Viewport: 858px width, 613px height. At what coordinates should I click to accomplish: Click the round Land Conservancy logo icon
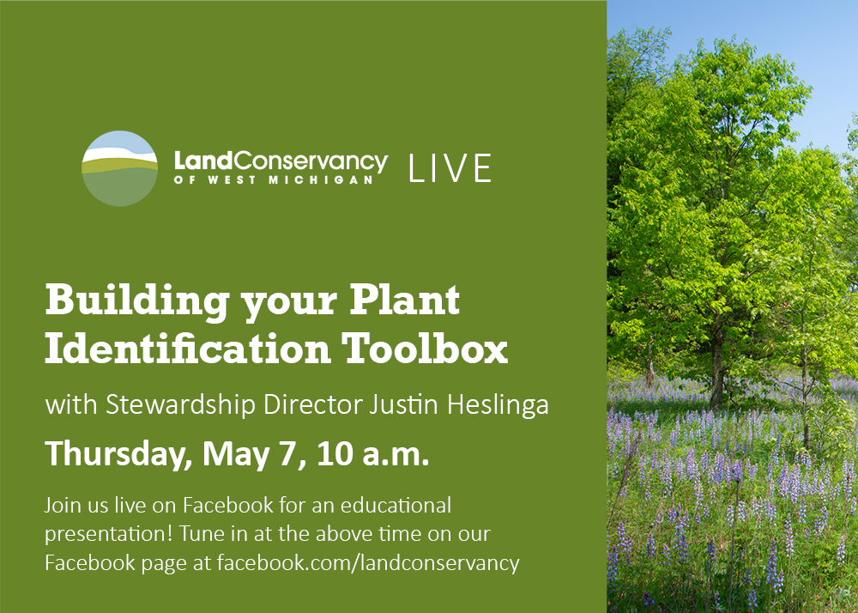click(120, 168)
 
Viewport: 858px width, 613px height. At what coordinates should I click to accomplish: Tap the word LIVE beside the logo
click(450, 168)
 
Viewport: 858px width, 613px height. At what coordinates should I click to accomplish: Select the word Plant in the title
click(404, 300)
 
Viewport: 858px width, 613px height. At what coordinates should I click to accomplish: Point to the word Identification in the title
click(188, 348)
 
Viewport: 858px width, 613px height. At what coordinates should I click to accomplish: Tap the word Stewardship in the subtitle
click(180, 405)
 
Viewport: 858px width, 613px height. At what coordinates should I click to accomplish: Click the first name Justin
click(404, 404)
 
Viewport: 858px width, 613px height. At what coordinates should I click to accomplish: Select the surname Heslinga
click(498, 405)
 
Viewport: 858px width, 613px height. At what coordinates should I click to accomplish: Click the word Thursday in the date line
click(118, 453)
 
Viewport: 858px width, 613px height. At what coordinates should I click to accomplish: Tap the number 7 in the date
click(287, 453)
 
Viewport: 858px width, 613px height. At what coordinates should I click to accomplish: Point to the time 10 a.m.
click(372, 453)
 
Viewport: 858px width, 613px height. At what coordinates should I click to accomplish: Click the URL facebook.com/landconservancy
click(368, 562)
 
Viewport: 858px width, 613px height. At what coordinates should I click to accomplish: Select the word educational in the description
click(396, 505)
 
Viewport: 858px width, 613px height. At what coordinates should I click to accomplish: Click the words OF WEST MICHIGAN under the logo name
click(274, 179)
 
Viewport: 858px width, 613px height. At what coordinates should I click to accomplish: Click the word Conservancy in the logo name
click(311, 161)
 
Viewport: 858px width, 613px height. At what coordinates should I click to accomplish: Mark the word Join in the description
click(62, 505)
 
